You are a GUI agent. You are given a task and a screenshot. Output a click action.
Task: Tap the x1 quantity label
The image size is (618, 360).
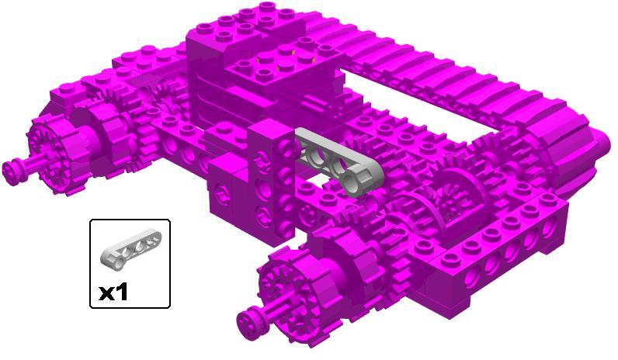(113, 292)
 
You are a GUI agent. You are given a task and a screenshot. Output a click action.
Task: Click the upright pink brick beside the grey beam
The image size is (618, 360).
(272, 182)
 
